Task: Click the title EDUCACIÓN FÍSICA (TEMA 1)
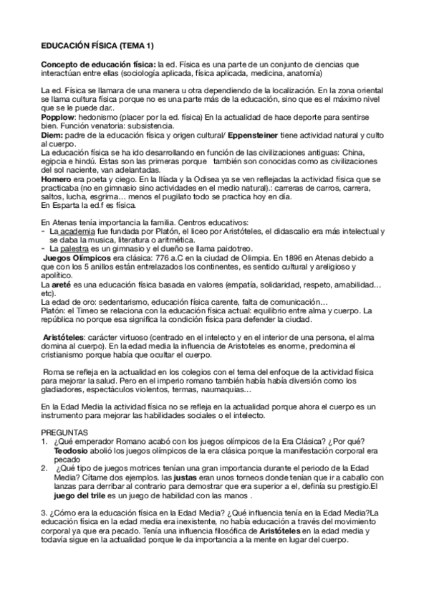coord(97,45)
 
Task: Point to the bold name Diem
coord(52,135)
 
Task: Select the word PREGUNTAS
coord(64,432)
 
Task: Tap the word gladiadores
coord(64,389)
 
